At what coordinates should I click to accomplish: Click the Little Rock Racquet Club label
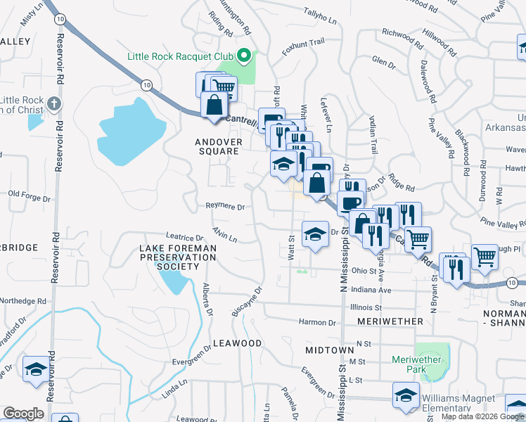[180, 56]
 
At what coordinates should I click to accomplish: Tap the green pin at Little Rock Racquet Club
[244, 55]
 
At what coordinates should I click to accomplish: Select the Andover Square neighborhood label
[219, 146]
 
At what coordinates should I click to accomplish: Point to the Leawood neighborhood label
[237, 343]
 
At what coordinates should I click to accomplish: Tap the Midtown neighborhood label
[330, 350]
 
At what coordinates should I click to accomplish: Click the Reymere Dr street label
[225, 207]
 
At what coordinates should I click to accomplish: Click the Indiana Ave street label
[371, 290]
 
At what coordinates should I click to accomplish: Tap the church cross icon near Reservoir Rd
[54, 105]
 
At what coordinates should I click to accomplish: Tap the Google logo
[24, 414]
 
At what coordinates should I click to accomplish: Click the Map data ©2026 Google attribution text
[482, 416]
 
